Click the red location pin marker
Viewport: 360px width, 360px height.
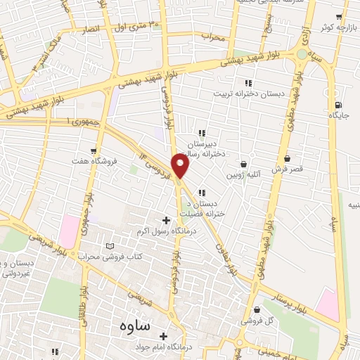pyautogui.click(x=181, y=165)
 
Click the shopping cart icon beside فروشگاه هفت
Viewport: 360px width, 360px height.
pyautogui.click(x=93, y=150)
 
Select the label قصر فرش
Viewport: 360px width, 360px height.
pyautogui.click(x=287, y=170)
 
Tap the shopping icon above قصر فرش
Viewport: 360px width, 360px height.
pyautogui.click(x=288, y=160)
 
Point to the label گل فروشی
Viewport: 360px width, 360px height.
pyautogui.click(x=255, y=321)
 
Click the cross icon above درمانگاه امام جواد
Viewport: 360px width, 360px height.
pyautogui.click(x=163, y=336)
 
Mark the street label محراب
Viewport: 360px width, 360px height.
pyautogui.click(x=212, y=34)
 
